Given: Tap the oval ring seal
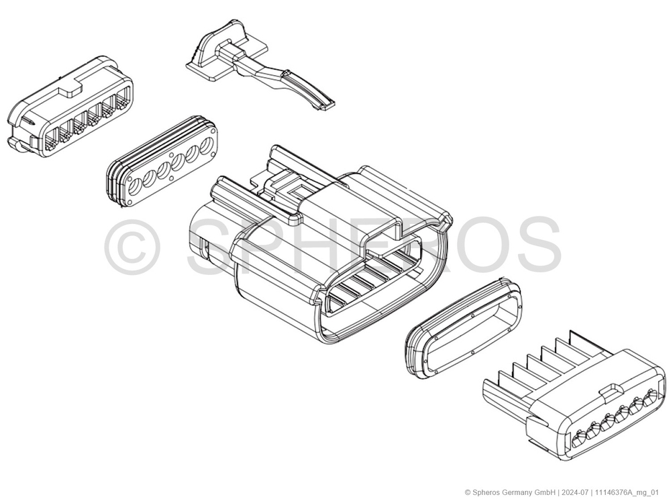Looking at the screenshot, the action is [463, 329].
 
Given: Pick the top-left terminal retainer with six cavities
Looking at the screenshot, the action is [70, 106].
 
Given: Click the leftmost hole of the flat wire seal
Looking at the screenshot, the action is [135, 187].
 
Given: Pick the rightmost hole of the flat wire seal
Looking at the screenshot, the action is [208, 146].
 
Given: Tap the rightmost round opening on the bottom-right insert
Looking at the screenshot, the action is [651, 396].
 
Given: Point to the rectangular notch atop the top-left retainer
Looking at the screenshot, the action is [70, 89].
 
